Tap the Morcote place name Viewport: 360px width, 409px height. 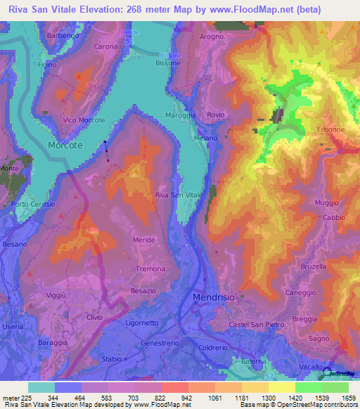coord(65,145)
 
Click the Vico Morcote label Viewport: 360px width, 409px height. coord(84,120)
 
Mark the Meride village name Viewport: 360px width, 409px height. coord(143,240)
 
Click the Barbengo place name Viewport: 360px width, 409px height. coord(60,35)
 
